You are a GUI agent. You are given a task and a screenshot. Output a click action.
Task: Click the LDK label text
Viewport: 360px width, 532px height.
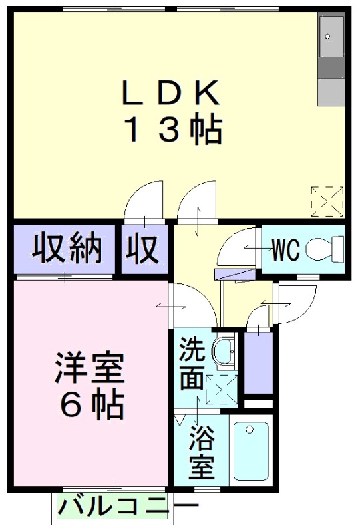click(170, 92)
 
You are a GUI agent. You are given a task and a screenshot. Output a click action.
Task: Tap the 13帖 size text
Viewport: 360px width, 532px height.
click(174, 130)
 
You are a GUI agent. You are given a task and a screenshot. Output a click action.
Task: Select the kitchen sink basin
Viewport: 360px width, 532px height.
click(331, 37)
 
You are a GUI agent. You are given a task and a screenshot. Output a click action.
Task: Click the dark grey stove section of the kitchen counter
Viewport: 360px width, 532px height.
click(331, 68)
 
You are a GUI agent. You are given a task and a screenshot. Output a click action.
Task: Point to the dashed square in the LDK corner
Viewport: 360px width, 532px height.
click(327, 201)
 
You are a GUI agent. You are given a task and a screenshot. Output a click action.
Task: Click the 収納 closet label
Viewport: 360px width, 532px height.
click(67, 249)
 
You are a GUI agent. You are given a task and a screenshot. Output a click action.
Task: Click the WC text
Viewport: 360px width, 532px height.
click(286, 250)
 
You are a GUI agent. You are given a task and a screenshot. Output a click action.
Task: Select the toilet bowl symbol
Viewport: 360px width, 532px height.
click(325, 249)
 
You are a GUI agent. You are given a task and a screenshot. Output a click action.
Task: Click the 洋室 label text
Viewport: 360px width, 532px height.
click(89, 368)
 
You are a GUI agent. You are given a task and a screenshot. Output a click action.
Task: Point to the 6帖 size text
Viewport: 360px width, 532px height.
click(92, 405)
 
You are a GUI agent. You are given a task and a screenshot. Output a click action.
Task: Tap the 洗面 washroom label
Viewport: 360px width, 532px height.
click(192, 363)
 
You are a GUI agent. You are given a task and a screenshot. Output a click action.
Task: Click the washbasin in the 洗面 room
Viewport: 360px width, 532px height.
click(223, 352)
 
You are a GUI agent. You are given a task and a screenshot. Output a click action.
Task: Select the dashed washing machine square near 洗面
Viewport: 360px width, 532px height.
click(222, 389)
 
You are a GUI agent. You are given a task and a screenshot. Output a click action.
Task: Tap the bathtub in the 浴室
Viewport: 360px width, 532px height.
click(251, 451)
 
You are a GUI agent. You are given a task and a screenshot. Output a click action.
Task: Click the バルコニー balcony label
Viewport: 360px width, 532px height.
click(128, 508)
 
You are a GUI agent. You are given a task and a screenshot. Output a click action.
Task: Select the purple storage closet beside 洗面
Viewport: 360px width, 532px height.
click(258, 362)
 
